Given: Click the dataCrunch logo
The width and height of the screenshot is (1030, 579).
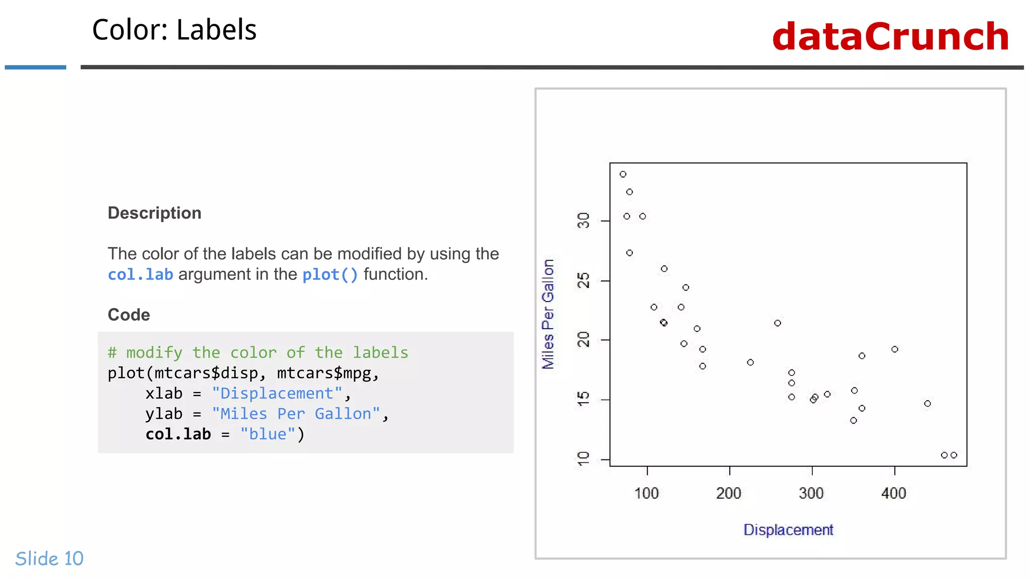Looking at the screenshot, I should click(890, 37).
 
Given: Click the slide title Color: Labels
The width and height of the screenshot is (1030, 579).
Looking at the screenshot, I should click(174, 30).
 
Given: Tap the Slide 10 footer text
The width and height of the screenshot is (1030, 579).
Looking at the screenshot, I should click(49, 558).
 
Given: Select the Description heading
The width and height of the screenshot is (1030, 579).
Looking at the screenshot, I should click(154, 213).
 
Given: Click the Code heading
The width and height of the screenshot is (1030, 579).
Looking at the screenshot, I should click(129, 315).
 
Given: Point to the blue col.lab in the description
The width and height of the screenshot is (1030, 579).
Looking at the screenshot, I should click(140, 275).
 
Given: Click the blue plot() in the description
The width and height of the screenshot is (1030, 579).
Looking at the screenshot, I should click(330, 275).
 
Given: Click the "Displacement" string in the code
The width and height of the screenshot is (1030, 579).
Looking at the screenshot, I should click(277, 394).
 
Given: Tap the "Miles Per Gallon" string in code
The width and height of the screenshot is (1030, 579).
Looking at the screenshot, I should click(296, 414).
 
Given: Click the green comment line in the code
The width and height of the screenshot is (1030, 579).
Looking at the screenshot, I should click(257, 353).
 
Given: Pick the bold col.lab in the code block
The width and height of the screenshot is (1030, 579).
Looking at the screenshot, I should click(178, 434).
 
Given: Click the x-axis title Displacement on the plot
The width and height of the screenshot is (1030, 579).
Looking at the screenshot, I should click(788, 530).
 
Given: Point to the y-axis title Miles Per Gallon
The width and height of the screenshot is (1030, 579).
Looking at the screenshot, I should click(548, 314).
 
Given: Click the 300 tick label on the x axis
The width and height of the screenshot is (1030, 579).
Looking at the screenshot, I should click(811, 493).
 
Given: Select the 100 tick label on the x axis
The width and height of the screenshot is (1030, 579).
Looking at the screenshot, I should click(646, 493).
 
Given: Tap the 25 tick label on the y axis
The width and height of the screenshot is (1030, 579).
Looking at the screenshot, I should click(583, 280).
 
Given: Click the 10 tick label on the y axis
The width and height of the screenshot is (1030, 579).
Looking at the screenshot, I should click(583, 459).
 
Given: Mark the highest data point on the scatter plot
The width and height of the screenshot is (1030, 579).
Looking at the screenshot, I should click(623, 174).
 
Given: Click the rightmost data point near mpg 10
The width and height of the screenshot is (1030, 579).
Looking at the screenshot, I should click(954, 455).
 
